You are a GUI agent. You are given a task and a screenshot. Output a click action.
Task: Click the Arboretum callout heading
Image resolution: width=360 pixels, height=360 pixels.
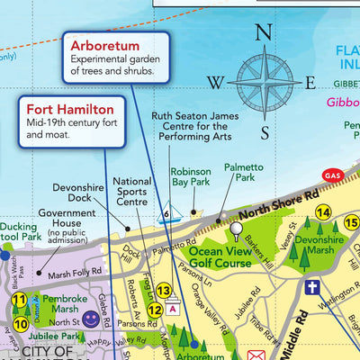point(107,45)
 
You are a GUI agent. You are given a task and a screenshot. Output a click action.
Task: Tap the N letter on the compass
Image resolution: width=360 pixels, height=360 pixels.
point(264,33)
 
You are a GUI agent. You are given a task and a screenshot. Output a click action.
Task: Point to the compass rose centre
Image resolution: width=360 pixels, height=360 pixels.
point(265,83)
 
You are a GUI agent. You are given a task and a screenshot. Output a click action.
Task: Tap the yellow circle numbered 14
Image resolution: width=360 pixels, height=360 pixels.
point(322,212)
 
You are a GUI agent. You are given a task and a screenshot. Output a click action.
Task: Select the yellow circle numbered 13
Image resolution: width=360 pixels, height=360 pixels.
point(163,290)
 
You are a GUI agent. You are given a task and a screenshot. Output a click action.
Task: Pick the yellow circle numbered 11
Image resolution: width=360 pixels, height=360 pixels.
point(19,301)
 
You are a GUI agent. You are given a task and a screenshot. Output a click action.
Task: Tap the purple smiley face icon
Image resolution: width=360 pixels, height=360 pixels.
point(90,319)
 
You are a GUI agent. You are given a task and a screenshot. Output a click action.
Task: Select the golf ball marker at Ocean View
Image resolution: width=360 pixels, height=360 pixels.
point(237,229)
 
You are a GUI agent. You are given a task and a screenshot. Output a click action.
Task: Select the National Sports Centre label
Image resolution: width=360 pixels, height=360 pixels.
point(132,191)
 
